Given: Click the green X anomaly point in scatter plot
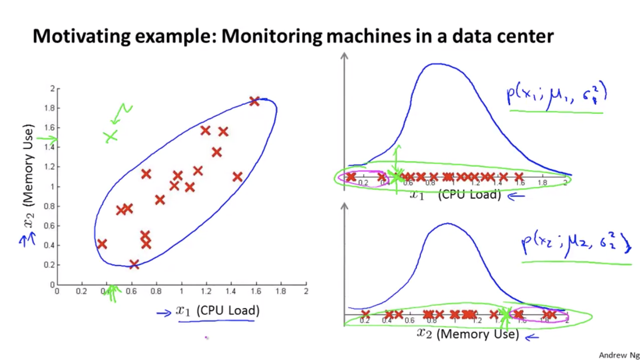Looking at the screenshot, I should pos(111,136).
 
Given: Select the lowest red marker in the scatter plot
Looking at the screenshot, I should pos(134,264).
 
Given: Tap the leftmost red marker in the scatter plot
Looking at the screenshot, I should pos(102,244).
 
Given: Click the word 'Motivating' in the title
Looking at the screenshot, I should pos(81,36).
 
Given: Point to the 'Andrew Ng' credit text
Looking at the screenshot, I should pos(618,355).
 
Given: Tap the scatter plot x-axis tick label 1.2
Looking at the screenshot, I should pos(206,291).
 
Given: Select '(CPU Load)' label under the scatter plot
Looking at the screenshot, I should pos(228,311).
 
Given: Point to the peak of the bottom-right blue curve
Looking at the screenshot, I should pos(447,224).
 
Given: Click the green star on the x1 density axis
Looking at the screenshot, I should pos(397,177).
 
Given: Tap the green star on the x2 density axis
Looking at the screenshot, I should pos(505,314).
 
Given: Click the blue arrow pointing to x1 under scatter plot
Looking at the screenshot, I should pos(164,313).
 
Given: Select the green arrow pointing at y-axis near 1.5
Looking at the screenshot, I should pos(47,140).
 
